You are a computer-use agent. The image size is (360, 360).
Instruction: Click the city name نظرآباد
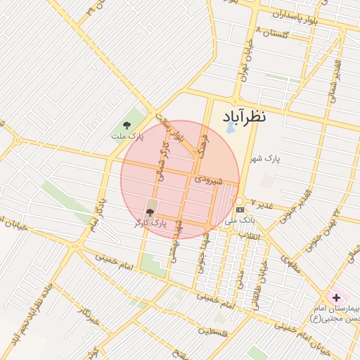(x=244, y=116)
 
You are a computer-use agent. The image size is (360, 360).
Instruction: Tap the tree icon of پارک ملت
(x=127, y=125)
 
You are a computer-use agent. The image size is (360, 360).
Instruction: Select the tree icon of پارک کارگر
(x=149, y=211)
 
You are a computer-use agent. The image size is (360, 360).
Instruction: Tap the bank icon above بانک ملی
(x=240, y=210)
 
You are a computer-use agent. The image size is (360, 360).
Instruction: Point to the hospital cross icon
(x=336, y=297)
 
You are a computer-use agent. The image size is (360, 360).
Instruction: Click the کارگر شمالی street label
(x=166, y=160)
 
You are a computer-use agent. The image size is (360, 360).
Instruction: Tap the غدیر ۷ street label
(x=262, y=204)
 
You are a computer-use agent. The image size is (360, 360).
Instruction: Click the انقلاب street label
(x=250, y=236)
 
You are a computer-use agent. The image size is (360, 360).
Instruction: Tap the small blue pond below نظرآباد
(x=229, y=129)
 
